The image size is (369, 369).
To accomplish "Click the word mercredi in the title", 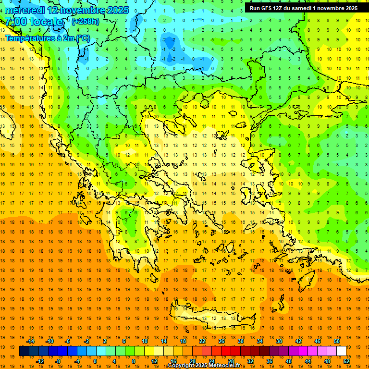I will coord(25,10).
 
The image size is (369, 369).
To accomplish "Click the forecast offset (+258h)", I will coord(86,21).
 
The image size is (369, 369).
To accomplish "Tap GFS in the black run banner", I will coord(266,8).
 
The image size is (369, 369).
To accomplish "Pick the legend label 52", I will coord(347,361).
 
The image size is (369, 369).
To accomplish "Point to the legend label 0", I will coord(95,361).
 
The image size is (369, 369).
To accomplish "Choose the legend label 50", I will coord(337,341).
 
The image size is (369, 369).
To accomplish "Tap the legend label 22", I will coord(202,341).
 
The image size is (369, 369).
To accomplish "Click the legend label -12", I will coord(40,361).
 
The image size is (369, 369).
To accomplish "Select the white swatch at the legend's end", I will coord(341,351).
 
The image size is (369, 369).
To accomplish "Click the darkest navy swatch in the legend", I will coord(24,351).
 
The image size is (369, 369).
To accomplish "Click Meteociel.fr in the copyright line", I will coord(223,366).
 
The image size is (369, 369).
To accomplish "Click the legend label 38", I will coord(279,341).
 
